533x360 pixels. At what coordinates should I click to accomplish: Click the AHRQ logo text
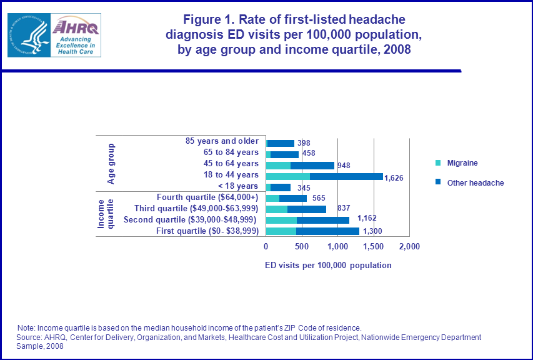[x=75, y=27]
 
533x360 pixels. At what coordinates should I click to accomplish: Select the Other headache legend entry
[x=469, y=183]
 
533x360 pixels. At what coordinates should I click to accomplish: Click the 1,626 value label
[x=394, y=178]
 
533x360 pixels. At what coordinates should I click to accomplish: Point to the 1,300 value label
[x=372, y=232]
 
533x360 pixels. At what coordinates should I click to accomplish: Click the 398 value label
[x=304, y=143]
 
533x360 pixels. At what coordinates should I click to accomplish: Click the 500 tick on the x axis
[x=302, y=247]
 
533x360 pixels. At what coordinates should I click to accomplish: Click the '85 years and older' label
[x=222, y=141]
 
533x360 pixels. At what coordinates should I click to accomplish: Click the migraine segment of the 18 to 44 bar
[x=288, y=176]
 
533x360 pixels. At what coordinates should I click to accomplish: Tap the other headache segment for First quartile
[x=327, y=231]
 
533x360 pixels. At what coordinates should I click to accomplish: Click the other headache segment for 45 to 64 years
[x=312, y=165]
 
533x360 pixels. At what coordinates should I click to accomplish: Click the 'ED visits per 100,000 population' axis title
[x=328, y=265]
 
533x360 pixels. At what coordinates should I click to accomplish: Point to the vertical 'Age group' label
[x=111, y=164]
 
